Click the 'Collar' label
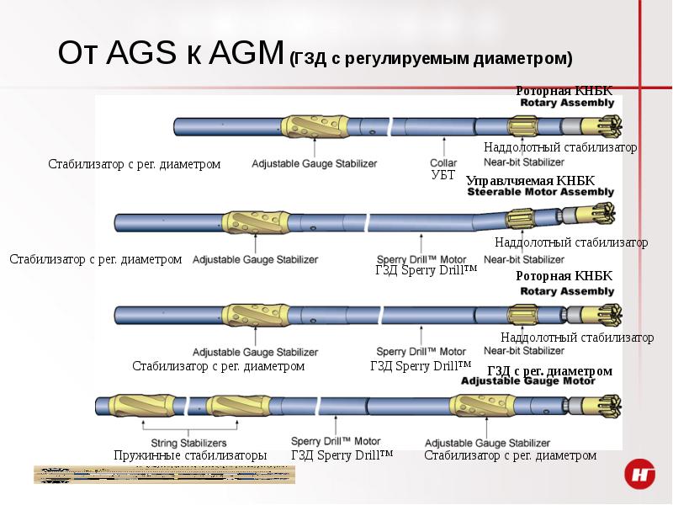click(443, 162)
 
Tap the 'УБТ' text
click(442, 175)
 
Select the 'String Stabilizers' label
click(188, 443)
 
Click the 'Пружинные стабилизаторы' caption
click(190, 455)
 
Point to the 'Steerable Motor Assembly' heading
click(541, 192)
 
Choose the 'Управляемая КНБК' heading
click(530, 181)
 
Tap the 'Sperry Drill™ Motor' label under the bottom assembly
click(336, 441)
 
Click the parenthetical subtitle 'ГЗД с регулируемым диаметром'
click(430, 59)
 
